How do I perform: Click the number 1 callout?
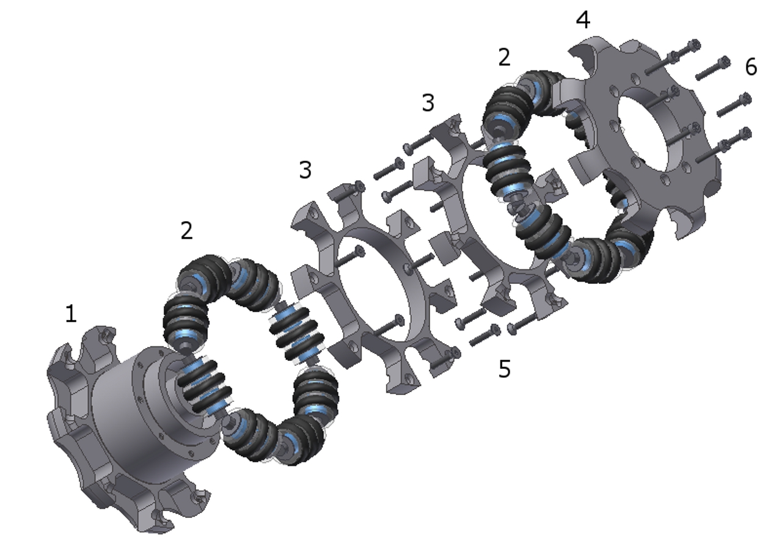pyautogui.click(x=71, y=313)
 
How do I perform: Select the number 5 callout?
pyautogui.click(x=505, y=368)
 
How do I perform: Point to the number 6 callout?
pyautogui.click(x=751, y=67)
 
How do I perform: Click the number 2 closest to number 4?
pyautogui.click(x=504, y=57)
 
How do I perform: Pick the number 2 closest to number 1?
pyautogui.click(x=187, y=230)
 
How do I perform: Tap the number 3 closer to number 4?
pyautogui.click(x=428, y=103)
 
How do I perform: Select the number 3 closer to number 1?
pyautogui.click(x=305, y=170)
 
